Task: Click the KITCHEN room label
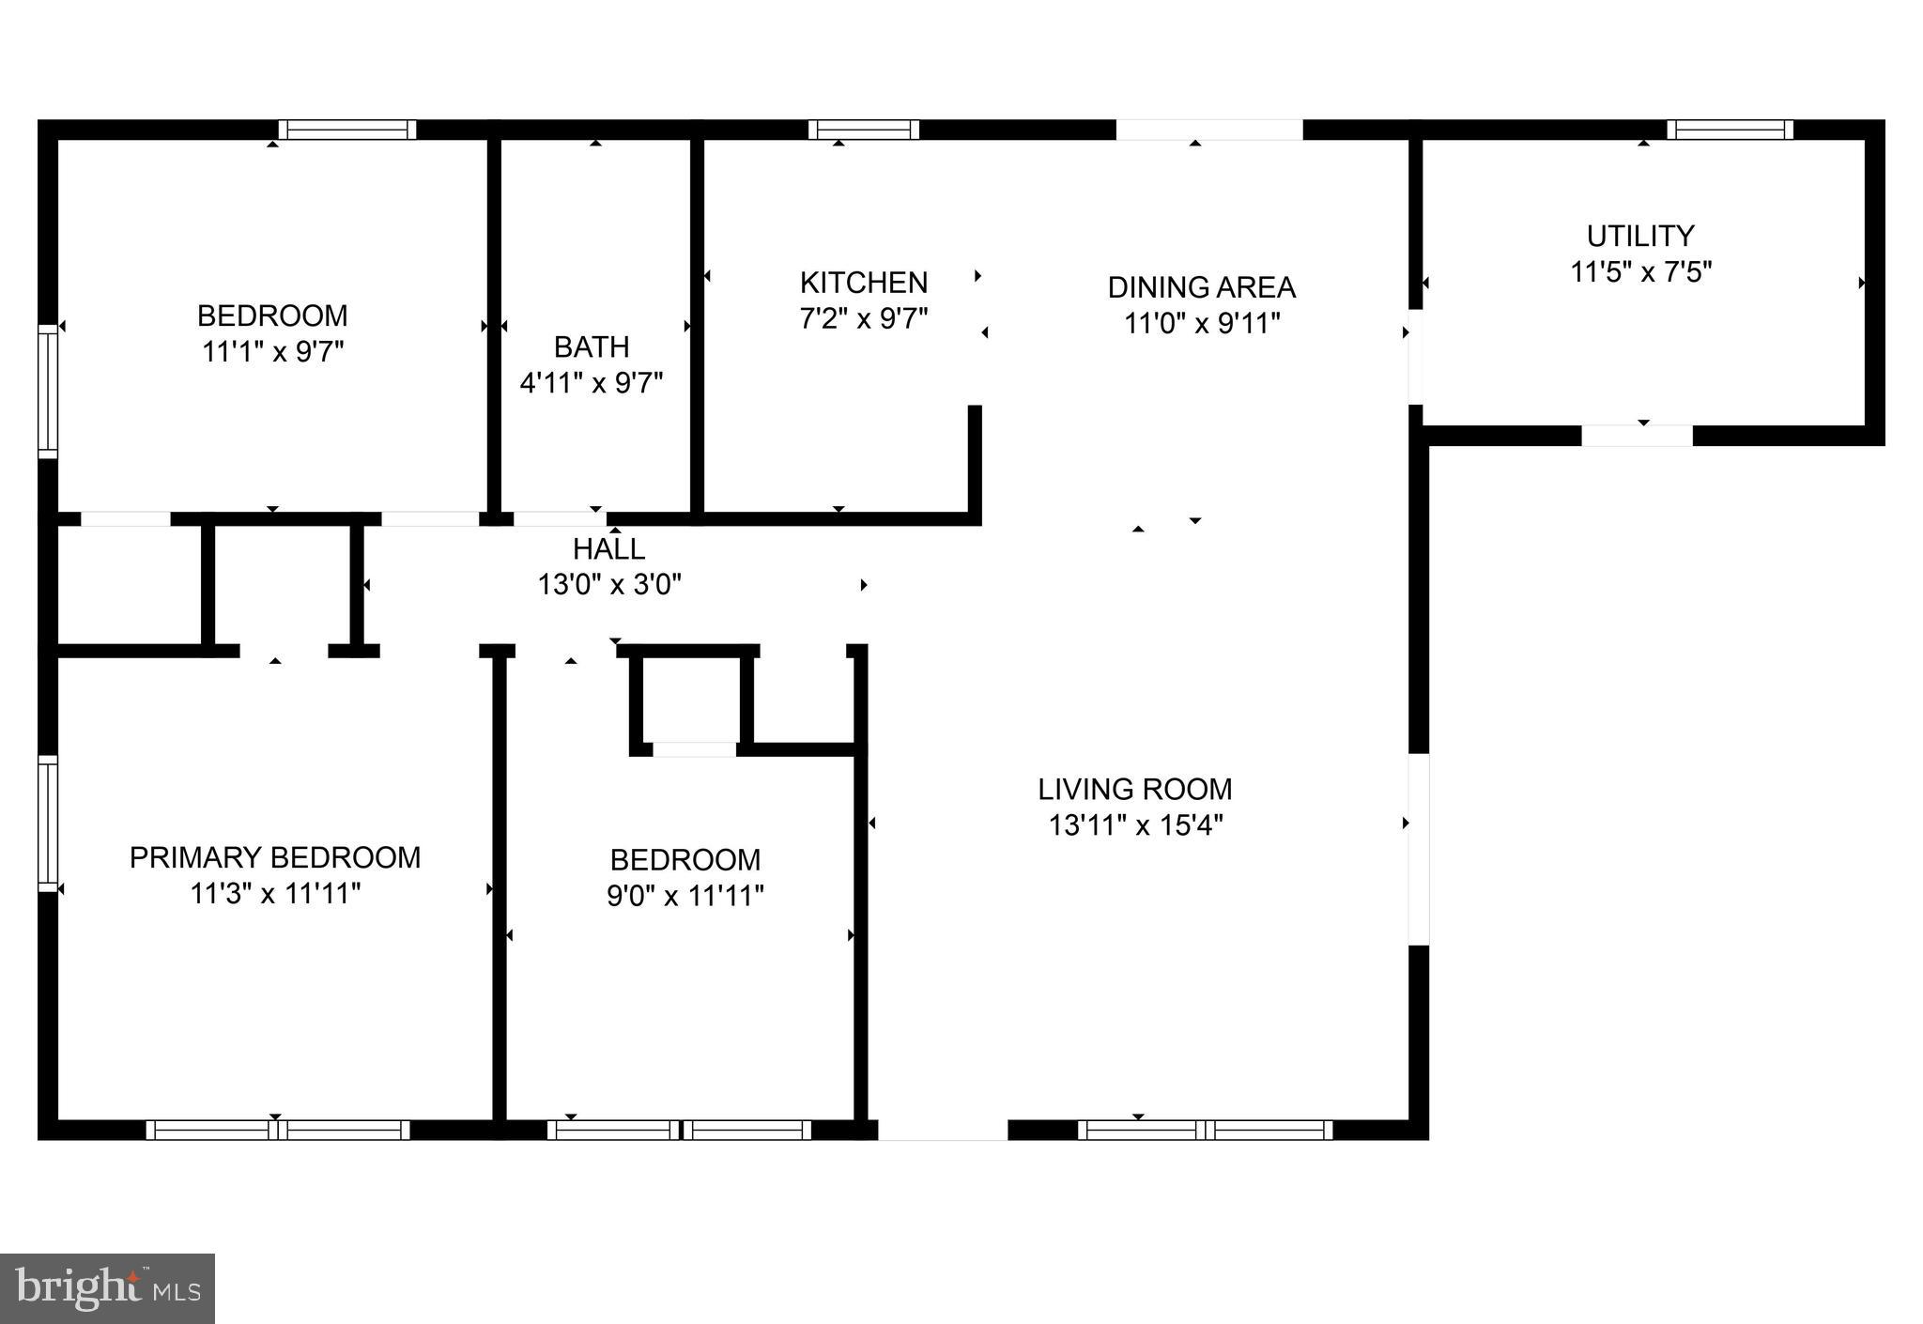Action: (863, 283)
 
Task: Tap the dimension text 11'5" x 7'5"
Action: (1640, 272)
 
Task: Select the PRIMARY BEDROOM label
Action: (274, 857)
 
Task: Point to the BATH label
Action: (591, 346)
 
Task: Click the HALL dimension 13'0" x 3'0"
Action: (608, 585)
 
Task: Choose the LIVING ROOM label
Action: (1134, 789)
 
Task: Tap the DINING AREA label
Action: (1201, 287)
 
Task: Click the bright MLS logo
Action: (107, 1288)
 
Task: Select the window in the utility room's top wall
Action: (1730, 130)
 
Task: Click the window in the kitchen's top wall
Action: (863, 130)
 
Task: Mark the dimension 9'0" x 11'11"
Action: (685, 896)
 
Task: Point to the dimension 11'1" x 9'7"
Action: (272, 352)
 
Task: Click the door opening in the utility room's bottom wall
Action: (1637, 436)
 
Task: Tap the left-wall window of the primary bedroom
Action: (47, 823)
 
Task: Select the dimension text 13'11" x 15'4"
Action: (1134, 825)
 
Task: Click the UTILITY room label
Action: (1639, 236)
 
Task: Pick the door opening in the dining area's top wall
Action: (1208, 130)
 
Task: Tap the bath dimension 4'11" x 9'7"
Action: (591, 383)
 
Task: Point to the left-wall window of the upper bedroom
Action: (47, 391)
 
